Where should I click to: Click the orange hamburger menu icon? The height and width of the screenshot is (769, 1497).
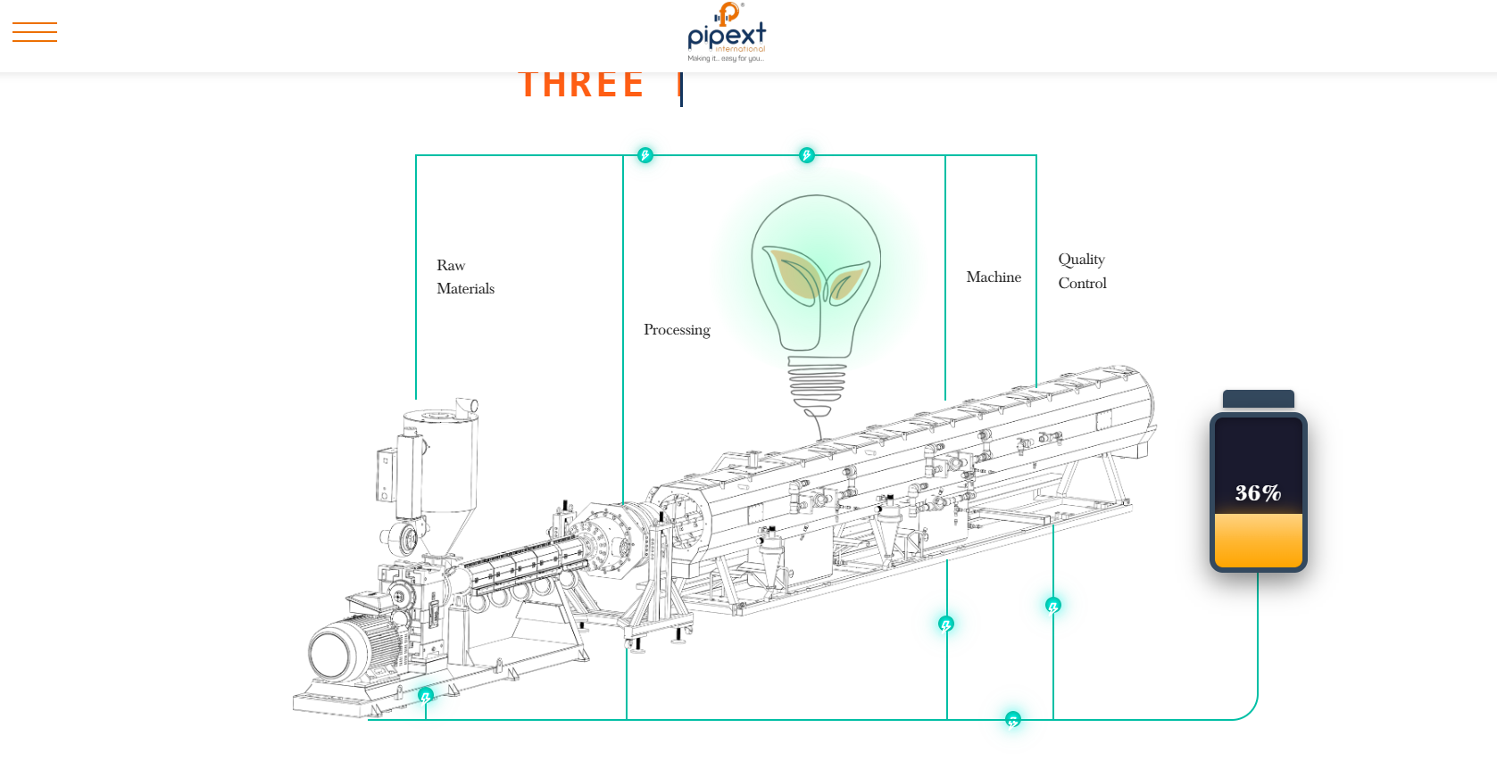click(x=35, y=32)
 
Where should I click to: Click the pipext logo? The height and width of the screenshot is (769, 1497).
click(x=727, y=34)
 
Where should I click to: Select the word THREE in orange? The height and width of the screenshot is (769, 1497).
click(x=581, y=85)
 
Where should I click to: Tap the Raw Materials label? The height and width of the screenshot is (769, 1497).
click(x=465, y=277)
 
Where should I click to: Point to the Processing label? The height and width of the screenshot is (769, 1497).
click(x=677, y=329)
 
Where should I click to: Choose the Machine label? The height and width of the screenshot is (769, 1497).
click(x=994, y=277)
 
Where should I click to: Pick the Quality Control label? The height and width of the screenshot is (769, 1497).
click(x=1082, y=271)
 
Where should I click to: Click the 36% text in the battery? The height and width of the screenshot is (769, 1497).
click(x=1258, y=492)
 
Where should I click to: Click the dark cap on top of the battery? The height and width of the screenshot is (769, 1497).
click(x=1258, y=399)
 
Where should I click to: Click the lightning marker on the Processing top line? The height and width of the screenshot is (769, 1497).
click(x=645, y=155)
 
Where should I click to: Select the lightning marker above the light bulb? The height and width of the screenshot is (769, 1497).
click(x=806, y=155)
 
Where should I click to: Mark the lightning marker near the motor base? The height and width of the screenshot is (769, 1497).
click(x=426, y=695)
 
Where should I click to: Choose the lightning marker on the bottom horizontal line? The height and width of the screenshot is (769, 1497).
click(x=1012, y=719)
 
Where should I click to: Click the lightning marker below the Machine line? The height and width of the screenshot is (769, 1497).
click(x=946, y=624)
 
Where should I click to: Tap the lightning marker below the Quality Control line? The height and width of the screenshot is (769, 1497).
click(x=1053, y=605)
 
